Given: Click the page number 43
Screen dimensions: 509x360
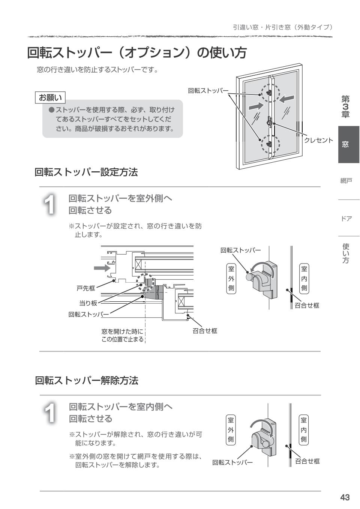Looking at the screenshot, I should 345,497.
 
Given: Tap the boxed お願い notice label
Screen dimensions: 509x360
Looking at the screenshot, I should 50,98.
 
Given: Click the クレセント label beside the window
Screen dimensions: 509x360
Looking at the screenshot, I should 318,140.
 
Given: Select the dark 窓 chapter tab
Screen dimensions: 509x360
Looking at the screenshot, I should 348,145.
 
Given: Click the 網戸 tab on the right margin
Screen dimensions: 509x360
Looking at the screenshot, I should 346,181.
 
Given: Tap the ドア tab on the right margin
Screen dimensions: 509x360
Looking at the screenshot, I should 346,218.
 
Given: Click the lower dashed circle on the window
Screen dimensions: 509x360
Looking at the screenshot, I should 270,143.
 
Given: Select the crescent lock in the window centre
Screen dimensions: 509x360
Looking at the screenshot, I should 270,121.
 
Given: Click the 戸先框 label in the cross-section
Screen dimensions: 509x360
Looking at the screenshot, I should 86,288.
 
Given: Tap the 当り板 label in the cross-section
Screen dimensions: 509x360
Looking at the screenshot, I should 88,303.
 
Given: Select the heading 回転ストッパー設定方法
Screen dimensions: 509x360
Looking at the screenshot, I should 86,172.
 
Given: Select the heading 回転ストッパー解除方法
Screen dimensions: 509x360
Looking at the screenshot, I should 86,381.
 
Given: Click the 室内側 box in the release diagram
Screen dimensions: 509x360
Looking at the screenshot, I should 304,429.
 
